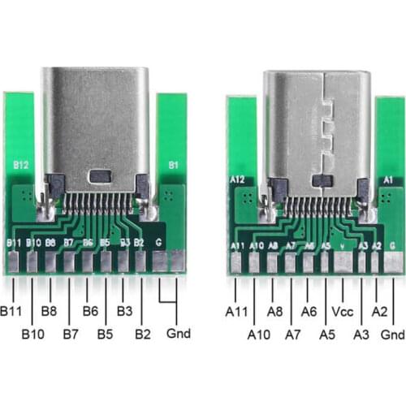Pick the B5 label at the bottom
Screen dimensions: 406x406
106,334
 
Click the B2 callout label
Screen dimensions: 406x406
143,334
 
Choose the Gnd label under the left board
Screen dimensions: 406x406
178,334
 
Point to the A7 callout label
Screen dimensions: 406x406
293,334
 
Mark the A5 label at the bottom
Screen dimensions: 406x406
327,334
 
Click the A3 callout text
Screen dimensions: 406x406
362,334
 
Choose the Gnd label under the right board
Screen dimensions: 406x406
393,334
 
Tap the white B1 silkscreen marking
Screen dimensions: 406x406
171,164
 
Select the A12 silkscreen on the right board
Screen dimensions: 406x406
238,179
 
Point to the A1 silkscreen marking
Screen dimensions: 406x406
387,179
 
